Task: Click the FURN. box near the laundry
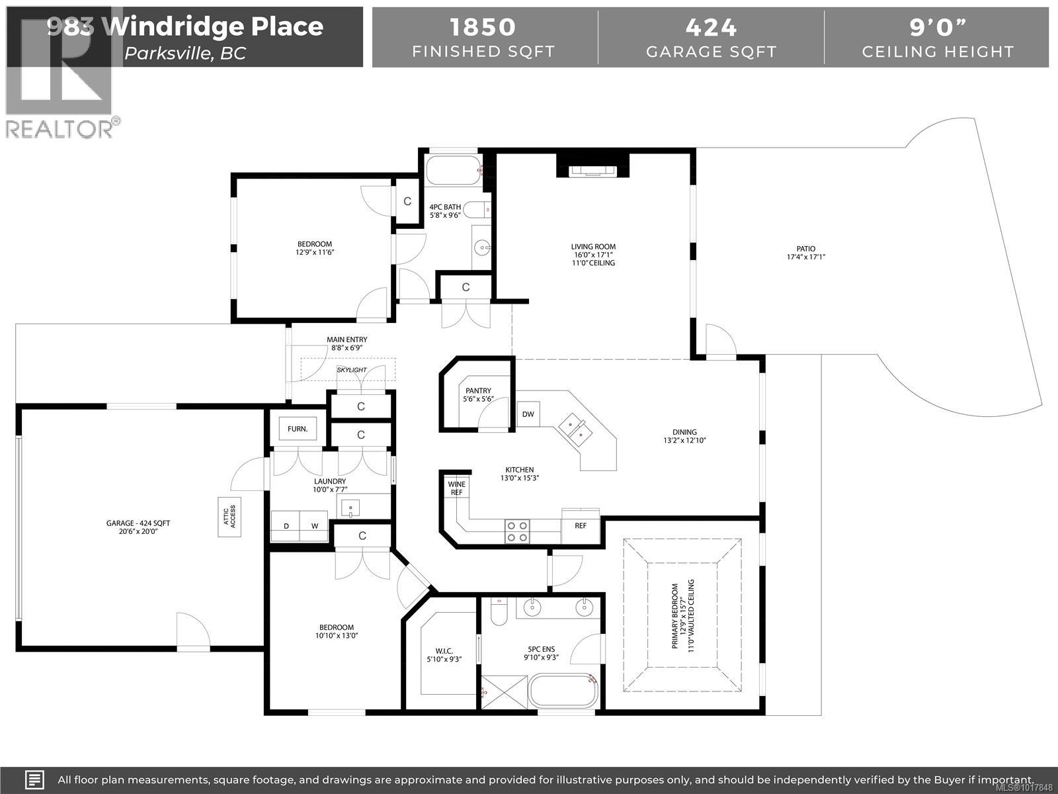click(298, 429)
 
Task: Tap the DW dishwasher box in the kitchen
click(528, 414)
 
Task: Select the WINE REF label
click(456, 488)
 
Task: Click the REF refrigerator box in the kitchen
click(580, 525)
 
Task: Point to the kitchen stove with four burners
click(517, 531)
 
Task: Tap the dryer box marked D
click(286, 526)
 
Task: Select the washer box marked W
click(315, 526)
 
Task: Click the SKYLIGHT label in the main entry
click(351, 369)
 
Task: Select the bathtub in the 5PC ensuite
click(564, 691)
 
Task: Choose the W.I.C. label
click(444, 650)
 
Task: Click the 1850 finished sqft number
click(483, 27)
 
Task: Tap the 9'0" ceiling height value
click(937, 27)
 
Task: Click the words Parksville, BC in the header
click(185, 54)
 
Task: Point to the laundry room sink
click(350, 508)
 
